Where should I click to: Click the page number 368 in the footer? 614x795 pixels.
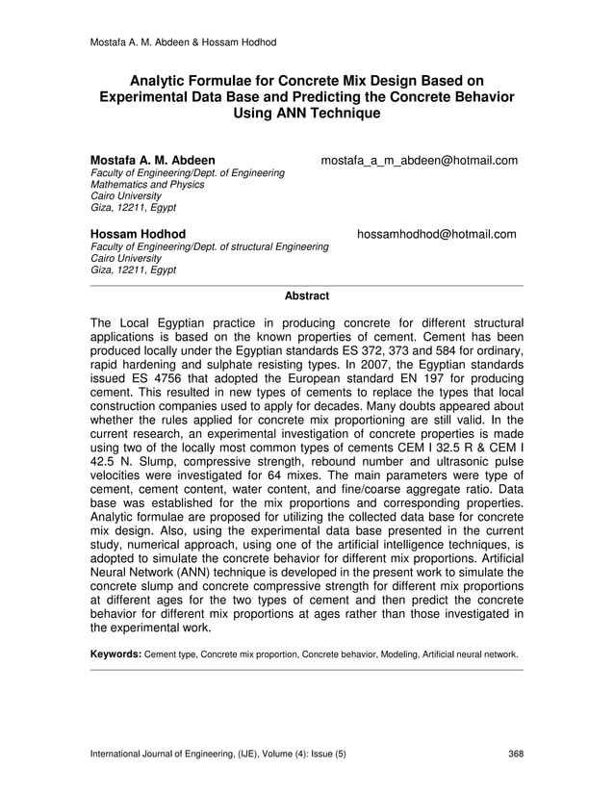click(515, 754)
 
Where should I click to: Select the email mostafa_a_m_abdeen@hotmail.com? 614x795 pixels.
click(419, 160)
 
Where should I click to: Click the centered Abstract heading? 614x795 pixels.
click(307, 296)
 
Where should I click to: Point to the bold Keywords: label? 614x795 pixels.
click(115, 654)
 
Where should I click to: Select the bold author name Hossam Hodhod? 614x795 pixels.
click(138, 234)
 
